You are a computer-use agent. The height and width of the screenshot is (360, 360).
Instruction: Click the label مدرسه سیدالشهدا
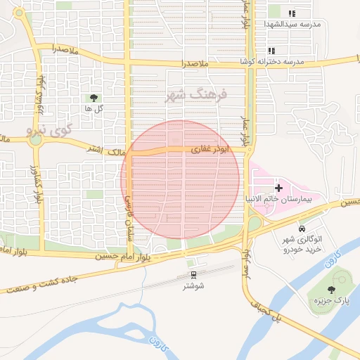pyautogui.click(x=292, y=24)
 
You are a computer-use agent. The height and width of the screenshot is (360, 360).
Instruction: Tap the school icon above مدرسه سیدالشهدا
pyautogui.click(x=292, y=13)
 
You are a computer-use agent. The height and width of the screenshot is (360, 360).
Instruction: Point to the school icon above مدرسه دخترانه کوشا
pyautogui.click(x=271, y=51)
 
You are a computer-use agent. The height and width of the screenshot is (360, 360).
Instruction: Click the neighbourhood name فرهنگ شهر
pyautogui.click(x=197, y=95)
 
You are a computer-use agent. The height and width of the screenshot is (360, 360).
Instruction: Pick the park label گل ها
pyautogui.click(x=94, y=109)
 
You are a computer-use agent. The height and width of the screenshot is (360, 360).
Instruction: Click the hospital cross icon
pyautogui.click(x=279, y=188)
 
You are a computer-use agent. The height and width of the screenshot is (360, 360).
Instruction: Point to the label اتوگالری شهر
pyautogui.click(x=302, y=239)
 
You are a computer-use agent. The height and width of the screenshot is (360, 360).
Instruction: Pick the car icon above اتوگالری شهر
pyautogui.click(x=302, y=229)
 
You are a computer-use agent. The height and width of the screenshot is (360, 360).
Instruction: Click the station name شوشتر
pyautogui.click(x=193, y=285)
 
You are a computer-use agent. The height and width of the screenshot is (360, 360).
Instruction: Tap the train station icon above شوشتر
pyautogui.click(x=193, y=275)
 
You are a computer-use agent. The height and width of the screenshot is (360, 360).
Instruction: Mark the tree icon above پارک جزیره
pyautogui.click(x=331, y=289)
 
